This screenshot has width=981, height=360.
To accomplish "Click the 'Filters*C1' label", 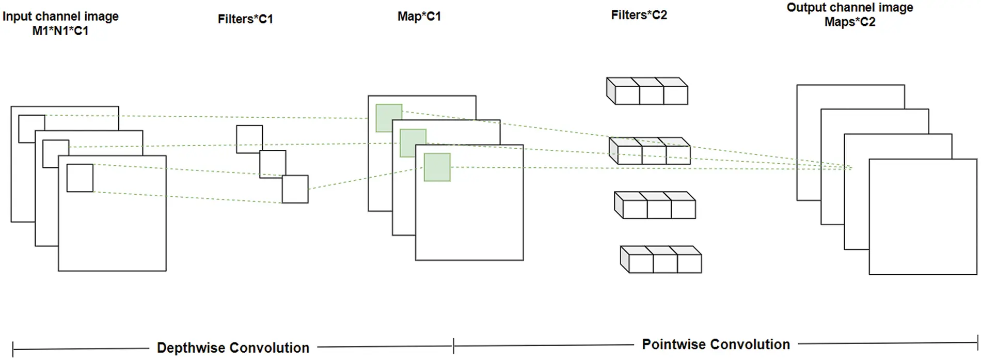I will click(245, 19).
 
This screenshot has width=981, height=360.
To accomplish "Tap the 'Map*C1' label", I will click(419, 17).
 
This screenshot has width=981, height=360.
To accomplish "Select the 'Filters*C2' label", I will click(639, 15).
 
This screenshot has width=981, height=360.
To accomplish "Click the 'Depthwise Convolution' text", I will click(233, 348).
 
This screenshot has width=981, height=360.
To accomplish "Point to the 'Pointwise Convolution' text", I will click(716, 345).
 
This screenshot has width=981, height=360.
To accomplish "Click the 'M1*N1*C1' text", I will click(60, 31).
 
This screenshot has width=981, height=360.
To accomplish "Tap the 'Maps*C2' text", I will click(850, 22).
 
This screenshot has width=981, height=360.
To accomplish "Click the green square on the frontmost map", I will click(437, 167).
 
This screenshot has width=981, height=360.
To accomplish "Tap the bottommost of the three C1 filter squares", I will click(295, 189).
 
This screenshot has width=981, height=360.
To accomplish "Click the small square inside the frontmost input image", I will click(80, 178).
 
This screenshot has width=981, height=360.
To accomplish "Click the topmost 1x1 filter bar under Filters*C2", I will click(647, 91).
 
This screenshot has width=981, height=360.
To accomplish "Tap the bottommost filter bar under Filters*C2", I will click(661, 260).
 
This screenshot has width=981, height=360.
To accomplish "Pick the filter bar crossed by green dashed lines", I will click(650, 151).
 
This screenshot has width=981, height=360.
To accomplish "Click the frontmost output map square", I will click(923, 217).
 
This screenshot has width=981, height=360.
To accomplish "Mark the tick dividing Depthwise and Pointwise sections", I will click(453, 346).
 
